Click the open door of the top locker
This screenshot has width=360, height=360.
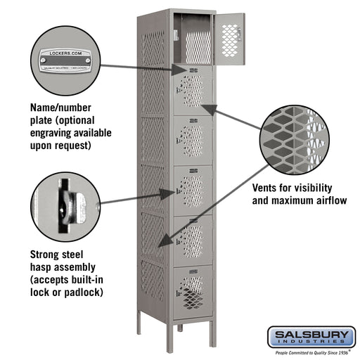click(x=230, y=39)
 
